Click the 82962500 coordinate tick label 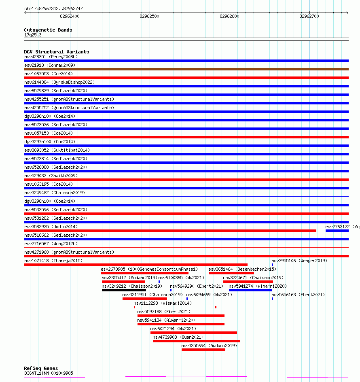[x=149, y=16]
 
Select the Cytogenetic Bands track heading [x=48, y=30]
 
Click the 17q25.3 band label [x=33, y=35]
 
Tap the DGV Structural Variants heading [x=56, y=52]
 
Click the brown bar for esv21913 [x=186, y=69]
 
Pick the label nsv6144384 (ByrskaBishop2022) [x=59, y=82]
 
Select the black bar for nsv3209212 [x=124, y=290]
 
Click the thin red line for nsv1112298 [x=175, y=307]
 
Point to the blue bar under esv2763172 [x=337, y=231]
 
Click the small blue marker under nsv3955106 [x=272, y=265]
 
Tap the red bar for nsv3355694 [x=203, y=350]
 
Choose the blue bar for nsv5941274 [x=250, y=290]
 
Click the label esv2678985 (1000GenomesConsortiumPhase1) [x=149, y=269]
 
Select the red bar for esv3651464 [x=231, y=273]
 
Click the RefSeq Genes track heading [x=41, y=368]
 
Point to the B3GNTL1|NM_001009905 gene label [x=49, y=373]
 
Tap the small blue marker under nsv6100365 [x=159, y=282]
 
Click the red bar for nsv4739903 [x=196, y=341]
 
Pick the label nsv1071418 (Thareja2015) [x=53, y=261]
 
